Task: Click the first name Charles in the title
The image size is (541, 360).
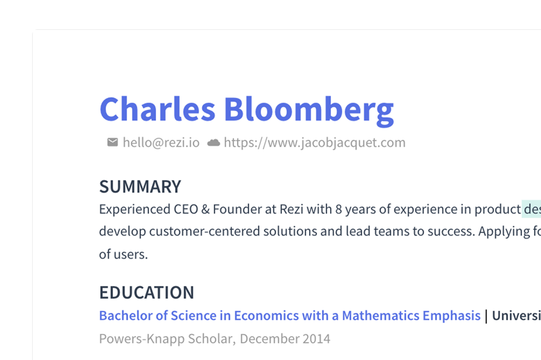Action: [x=157, y=110]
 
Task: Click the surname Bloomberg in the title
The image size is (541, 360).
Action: [x=309, y=110]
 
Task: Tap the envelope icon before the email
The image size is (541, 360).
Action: [x=113, y=142]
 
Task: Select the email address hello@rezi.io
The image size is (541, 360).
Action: [x=161, y=143]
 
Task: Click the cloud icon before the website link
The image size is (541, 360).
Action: [x=214, y=143]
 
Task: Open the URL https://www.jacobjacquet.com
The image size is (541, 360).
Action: [x=315, y=143]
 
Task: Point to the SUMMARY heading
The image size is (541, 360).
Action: [x=140, y=187]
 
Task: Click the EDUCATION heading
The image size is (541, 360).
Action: [x=146, y=292]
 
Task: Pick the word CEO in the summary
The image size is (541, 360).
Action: [x=186, y=209]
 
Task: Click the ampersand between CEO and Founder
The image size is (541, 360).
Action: [x=205, y=209]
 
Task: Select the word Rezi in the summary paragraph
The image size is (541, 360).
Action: [x=291, y=209]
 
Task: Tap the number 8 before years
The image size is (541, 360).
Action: [x=338, y=209]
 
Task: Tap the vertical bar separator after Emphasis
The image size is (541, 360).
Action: [x=486, y=316]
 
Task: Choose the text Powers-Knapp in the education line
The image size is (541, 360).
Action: [x=141, y=339]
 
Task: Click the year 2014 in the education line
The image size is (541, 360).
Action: [x=316, y=339]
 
